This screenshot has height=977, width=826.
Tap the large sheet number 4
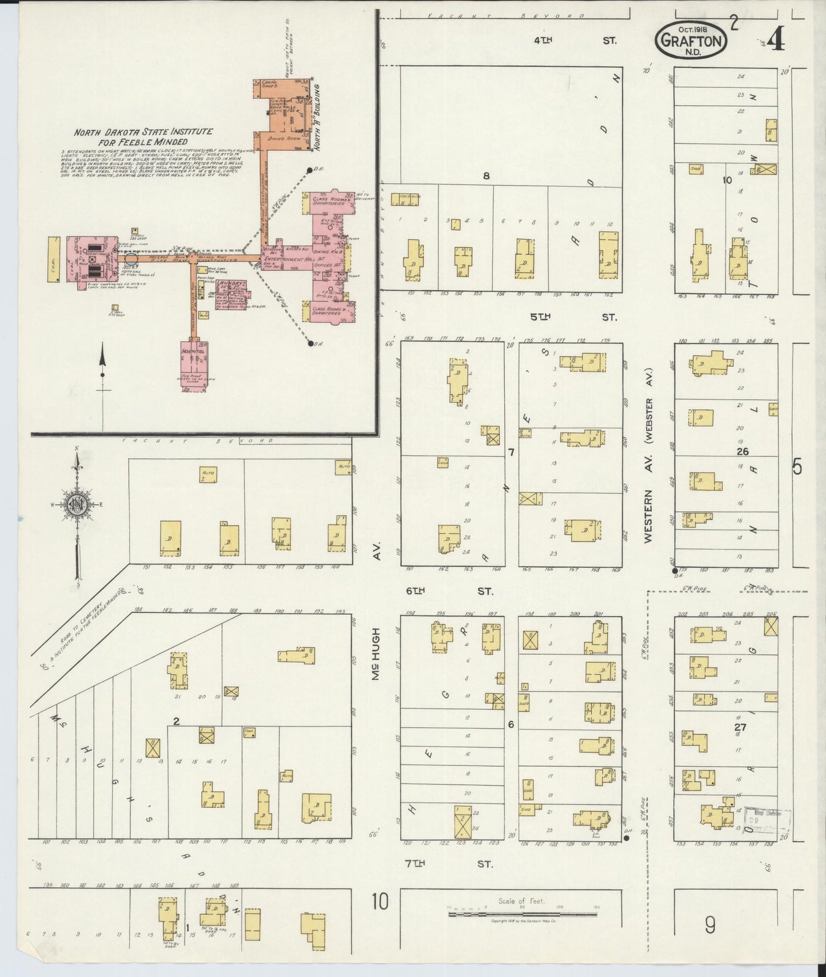(x=776, y=40)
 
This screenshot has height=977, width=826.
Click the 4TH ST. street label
(x=574, y=41)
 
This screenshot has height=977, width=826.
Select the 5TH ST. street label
(x=574, y=317)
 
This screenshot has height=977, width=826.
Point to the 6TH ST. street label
(x=449, y=591)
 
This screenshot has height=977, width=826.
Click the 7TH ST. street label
(x=449, y=864)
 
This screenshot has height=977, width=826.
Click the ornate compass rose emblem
(x=76, y=504)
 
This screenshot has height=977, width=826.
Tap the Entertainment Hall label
(x=284, y=261)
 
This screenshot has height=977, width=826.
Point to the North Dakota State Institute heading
(x=143, y=137)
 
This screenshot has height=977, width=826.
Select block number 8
(x=486, y=176)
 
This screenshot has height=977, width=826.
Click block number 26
(x=742, y=451)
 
